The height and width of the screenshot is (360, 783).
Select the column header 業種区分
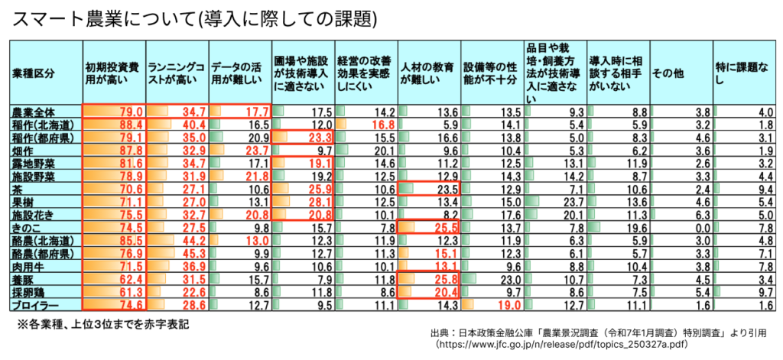[x=34, y=73]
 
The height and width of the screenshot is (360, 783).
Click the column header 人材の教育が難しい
[x=428, y=73]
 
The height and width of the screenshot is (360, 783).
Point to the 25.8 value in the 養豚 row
[x=443, y=280]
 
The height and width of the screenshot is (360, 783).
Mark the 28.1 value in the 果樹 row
[x=317, y=203]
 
